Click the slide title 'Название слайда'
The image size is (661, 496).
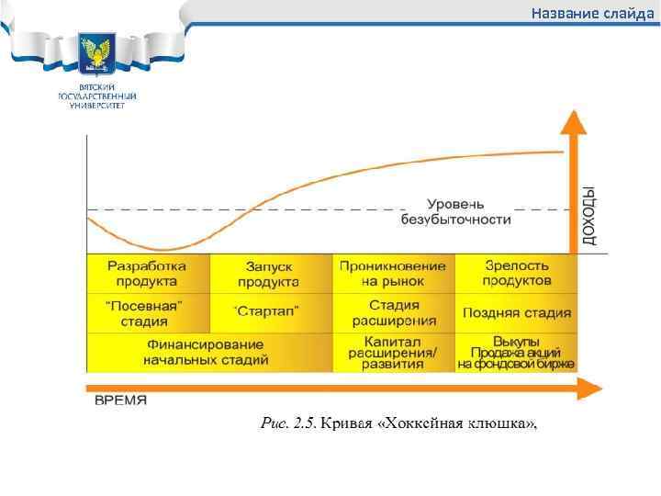click(592, 14)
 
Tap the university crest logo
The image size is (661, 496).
click(96, 55)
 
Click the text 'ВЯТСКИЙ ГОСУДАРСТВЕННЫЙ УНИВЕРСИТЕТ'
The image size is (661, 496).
click(96, 96)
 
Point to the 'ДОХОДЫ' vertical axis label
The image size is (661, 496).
click(589, 217)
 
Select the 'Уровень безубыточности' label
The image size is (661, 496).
click(455, 211)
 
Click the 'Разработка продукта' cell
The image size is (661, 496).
click(147, 273)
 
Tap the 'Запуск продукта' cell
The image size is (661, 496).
click(269, 273)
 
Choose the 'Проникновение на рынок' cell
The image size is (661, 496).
click(393, 273)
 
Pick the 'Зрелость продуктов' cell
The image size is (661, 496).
click(517, 273)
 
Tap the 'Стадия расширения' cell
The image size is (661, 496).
click(393, 312)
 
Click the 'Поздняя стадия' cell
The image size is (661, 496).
click(517, 312)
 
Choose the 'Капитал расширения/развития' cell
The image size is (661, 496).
click(393, 352)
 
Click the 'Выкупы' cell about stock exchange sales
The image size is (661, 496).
click(517, 352)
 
